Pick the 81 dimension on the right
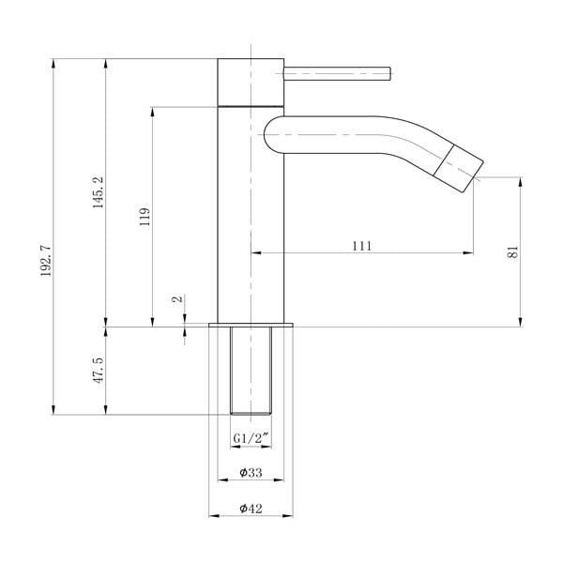coord(512,251)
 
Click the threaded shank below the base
coord(251,371)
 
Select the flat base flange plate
coord(251,324)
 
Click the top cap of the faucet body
coord(251,79)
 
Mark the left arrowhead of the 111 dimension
coord(255,252)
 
